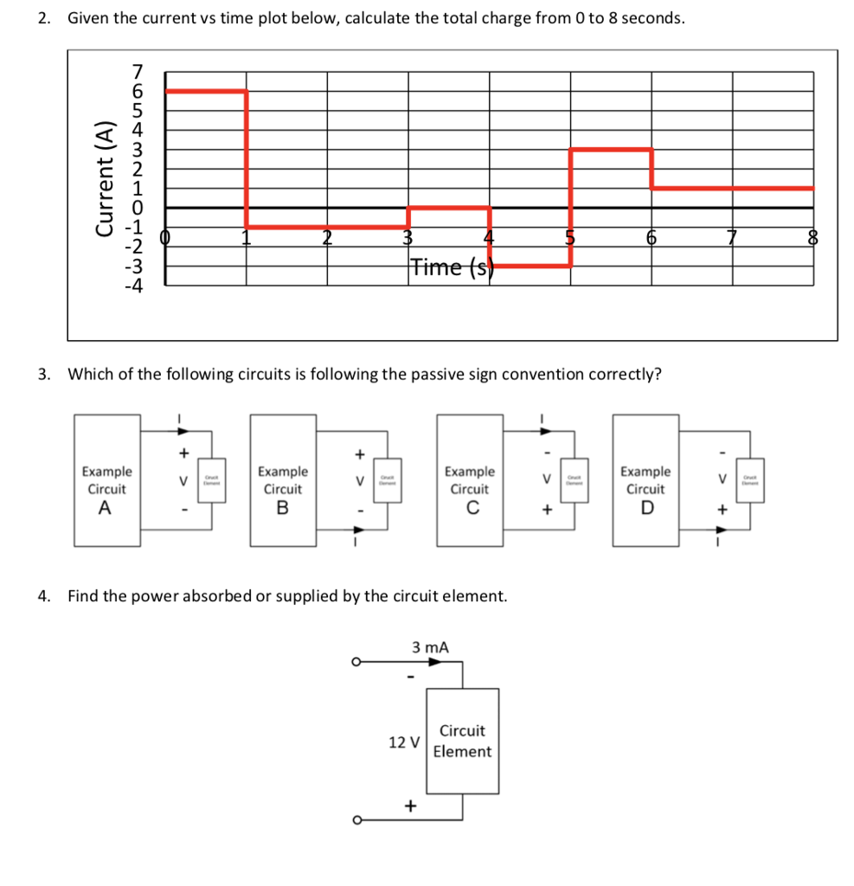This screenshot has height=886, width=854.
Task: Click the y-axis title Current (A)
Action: click(x=106, y=177)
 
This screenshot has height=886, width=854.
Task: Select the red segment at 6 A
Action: click(x=206, y=90)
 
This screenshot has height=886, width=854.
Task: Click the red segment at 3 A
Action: click(x=610, y=150)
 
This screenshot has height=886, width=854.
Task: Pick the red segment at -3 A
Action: click(x=530, y=266)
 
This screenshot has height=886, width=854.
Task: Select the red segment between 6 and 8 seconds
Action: click(x=731, y=188)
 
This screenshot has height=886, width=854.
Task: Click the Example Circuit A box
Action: click(x=107, y=480)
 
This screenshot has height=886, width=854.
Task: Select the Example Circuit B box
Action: click(x=283, y=480)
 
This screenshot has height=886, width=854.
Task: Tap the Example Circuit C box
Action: click(x=469, y=480)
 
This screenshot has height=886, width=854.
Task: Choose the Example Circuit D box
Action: click(x=645, y=480)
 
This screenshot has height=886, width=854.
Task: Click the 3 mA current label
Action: click(x=431, y=646)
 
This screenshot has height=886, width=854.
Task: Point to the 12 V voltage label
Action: click(x=404, y=742)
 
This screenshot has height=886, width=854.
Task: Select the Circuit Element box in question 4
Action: click(x=462, y=741)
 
